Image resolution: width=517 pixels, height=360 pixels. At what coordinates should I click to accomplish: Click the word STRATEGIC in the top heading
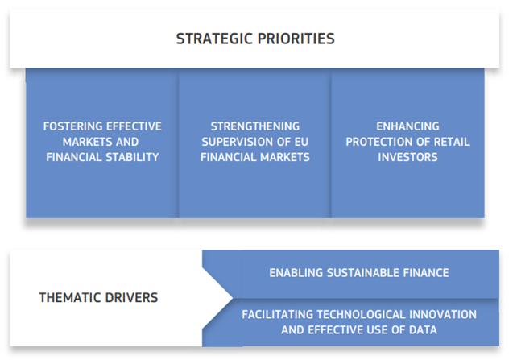point(214,39)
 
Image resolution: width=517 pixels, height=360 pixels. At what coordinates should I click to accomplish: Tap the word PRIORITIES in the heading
point(296,39)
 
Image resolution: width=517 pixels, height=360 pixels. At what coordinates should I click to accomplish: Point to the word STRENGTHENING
point(255,126)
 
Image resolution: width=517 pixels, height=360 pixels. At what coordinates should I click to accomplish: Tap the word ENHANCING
point(407,126)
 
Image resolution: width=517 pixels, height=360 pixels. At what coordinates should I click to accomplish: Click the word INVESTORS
point(407,157)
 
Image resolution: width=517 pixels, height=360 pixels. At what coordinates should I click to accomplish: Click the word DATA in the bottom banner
point(423,329)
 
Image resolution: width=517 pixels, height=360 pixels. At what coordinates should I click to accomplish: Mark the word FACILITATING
point(277,315)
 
